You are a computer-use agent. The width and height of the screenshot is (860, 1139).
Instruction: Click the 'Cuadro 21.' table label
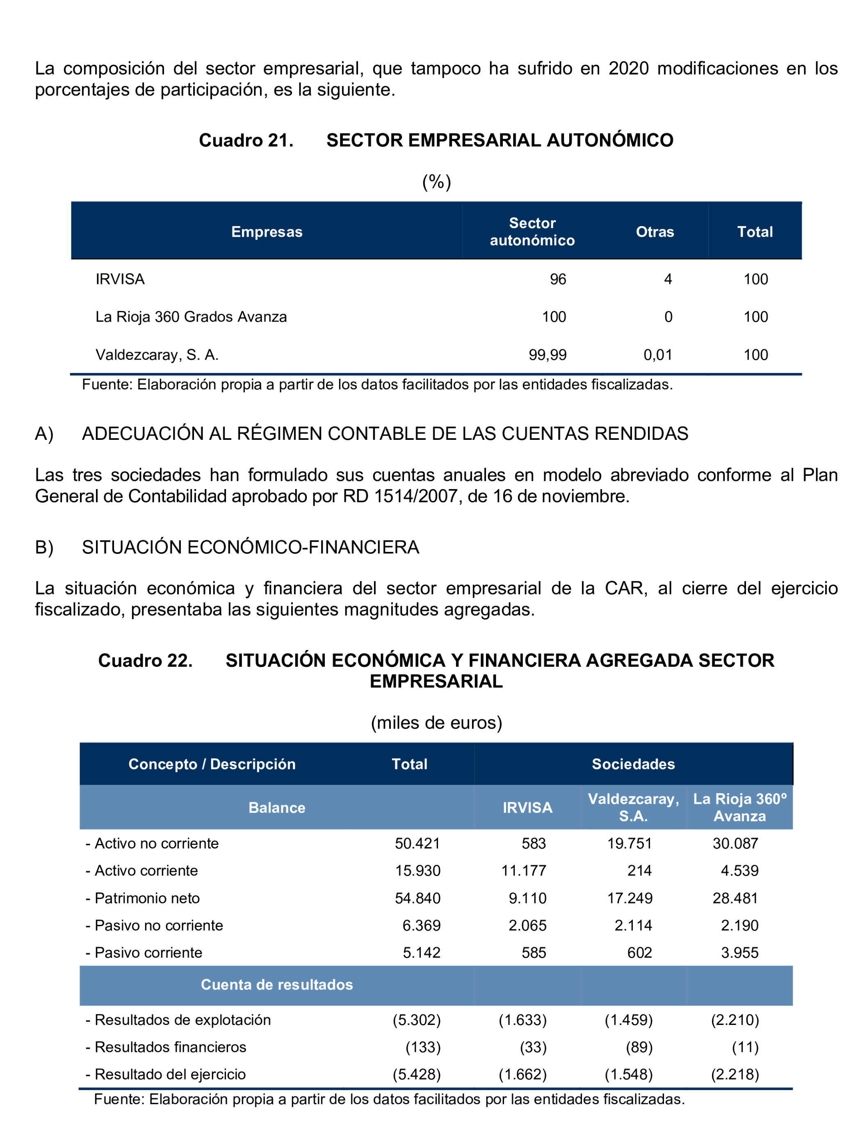[246, 141]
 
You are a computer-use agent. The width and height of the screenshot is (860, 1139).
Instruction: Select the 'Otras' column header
[655, 232]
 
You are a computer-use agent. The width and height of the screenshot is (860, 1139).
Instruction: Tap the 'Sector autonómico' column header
[532, 232]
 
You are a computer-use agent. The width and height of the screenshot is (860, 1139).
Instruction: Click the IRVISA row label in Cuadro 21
[120, 279]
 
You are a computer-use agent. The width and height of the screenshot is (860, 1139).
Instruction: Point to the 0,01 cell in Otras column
[658, 355]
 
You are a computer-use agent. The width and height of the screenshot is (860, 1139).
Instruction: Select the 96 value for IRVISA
[558, 279]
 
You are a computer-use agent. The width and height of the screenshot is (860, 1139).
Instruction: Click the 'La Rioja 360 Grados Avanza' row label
[191, 317]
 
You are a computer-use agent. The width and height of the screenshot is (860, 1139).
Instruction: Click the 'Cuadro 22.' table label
[145, 661]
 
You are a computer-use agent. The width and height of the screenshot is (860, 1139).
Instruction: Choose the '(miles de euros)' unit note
[436, 723]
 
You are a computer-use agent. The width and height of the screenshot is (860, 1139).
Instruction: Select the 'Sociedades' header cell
[633, 764]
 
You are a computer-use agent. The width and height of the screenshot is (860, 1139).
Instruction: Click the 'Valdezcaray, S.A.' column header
[634, 807]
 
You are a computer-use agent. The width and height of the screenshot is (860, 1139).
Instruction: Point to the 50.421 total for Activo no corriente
[417, 844]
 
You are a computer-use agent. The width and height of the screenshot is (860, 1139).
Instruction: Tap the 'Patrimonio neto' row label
[147, 899]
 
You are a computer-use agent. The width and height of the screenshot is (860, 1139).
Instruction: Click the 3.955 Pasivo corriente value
[739, 953]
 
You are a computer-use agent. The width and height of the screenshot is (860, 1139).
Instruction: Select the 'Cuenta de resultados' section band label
[276, 985]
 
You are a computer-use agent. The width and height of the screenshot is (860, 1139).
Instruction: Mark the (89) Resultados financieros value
[639, 1048]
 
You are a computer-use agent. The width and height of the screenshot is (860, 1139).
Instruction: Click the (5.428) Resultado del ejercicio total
[417, 1075]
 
